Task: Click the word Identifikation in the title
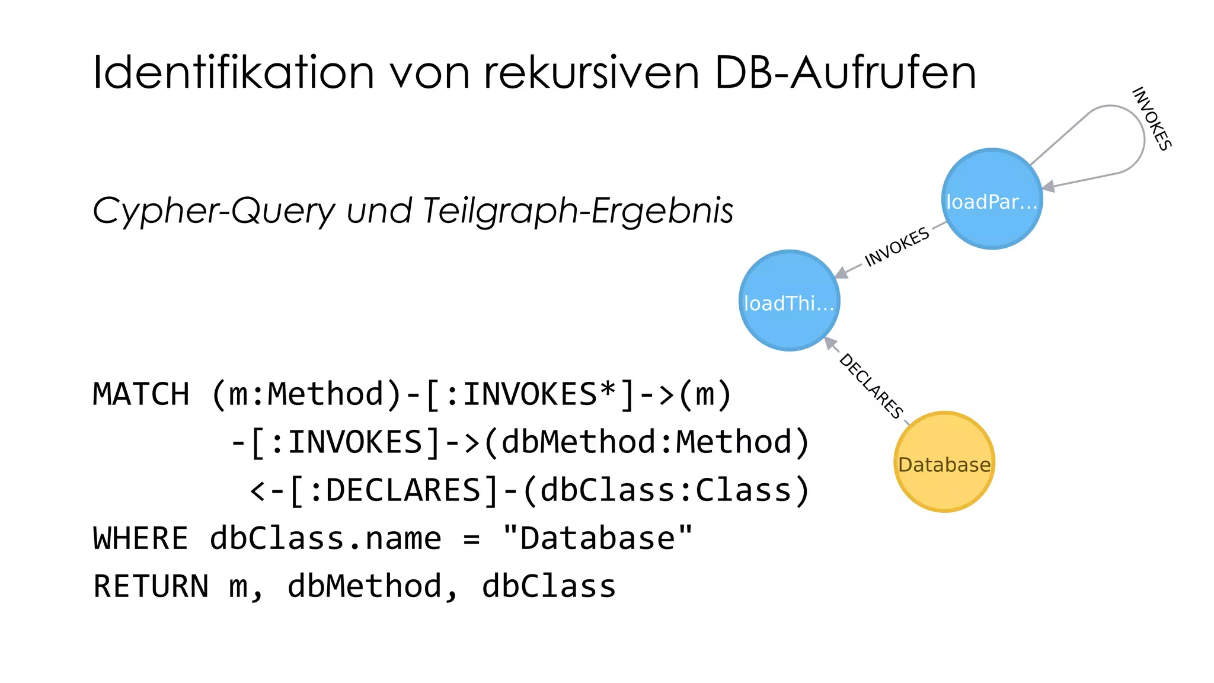[234, 73]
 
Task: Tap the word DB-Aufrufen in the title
[845, 73]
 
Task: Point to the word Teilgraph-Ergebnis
[578, 211]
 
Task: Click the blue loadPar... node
[992, 199]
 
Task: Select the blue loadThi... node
[789, 301]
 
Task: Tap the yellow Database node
[944, 462]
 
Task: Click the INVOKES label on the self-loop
[1152, 119]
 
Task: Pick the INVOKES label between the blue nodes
[897, 247]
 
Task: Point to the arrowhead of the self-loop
[1049, 186]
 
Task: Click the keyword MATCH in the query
[141, 394]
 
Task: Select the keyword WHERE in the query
[140, 538]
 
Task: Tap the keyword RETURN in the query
[151, 586]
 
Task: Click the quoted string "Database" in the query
[597, 538]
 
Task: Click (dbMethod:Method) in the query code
[646, 442]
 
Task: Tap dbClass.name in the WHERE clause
[325, 538]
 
